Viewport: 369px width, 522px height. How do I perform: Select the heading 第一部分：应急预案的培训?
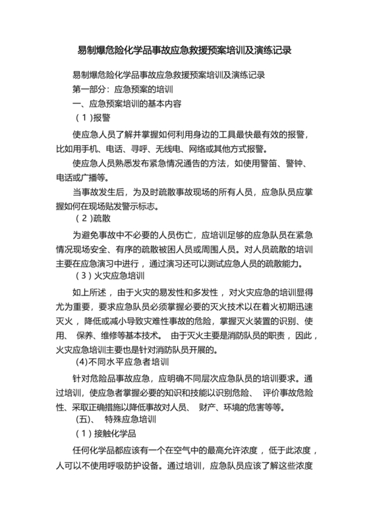124,89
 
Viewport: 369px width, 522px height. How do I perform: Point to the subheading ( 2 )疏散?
94,217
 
